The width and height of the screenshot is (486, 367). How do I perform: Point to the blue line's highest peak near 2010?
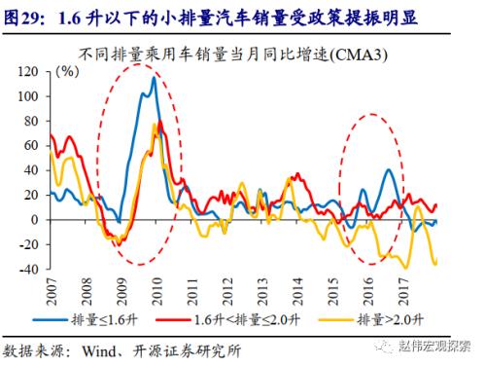point(154,78)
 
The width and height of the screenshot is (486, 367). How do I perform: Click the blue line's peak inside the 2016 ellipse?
point(389,169)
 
